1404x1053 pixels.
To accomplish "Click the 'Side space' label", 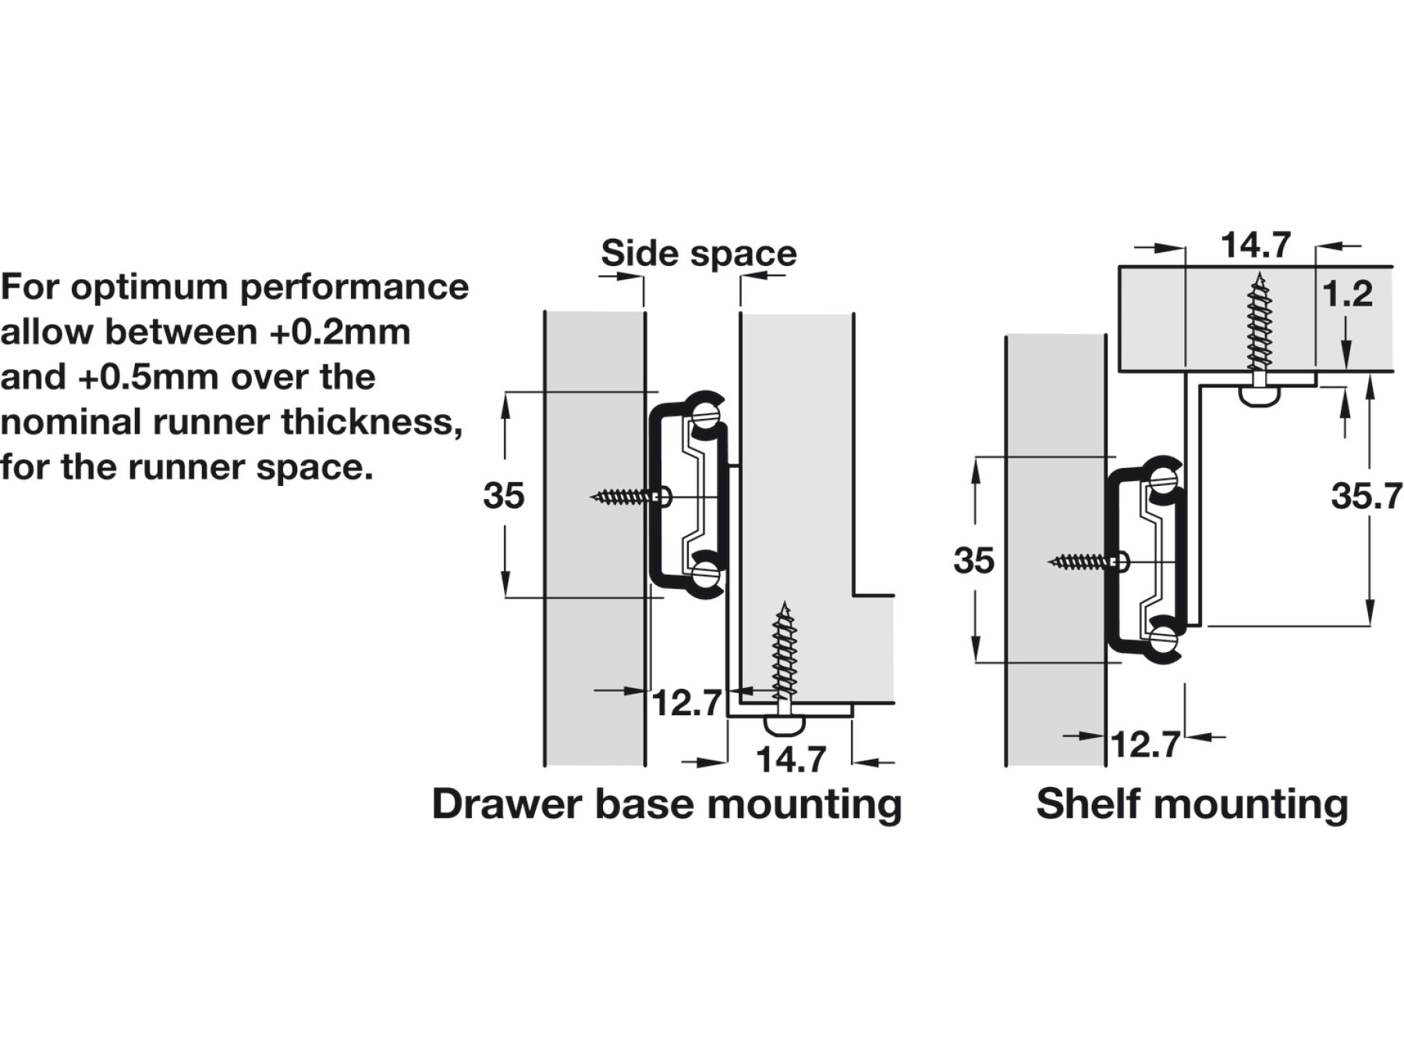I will coord(698,253).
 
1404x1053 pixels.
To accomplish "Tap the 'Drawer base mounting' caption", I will coord(667,804).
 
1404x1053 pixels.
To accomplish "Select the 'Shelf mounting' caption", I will coord(1192,804).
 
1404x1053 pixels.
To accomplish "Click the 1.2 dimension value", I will coord(1347,294).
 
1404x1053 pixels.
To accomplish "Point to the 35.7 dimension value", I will coord(1366,496).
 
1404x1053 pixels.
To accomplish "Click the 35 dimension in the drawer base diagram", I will coord(503,496).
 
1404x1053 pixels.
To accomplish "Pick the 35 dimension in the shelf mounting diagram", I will coord(973,561).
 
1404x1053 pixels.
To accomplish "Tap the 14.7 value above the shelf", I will coord(1255,245).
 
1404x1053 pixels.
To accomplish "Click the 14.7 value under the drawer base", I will coord(791,760).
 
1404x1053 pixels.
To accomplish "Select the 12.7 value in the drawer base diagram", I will coord(686,703).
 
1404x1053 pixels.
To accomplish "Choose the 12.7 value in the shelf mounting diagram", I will coord(1144,744).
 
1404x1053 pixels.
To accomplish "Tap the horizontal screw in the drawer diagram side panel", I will coord(628,496).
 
